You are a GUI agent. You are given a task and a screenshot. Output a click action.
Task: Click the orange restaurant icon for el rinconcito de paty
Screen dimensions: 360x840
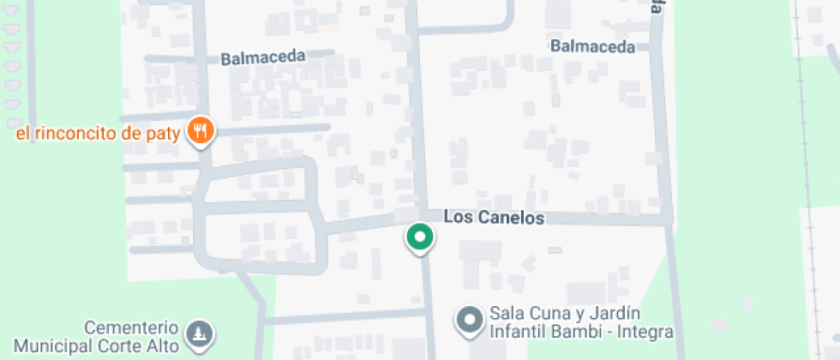[x=201, y=130]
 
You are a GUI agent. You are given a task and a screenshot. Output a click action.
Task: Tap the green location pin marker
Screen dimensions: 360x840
[x=419, y=237]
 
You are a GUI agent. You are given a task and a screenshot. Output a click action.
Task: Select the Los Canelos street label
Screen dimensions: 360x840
[x=494, y=218]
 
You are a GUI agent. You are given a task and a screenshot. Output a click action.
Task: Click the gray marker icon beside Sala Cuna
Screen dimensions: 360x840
[x=469, y=321]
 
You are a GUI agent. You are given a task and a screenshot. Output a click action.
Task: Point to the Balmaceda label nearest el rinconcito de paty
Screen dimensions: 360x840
[x=263, y=58]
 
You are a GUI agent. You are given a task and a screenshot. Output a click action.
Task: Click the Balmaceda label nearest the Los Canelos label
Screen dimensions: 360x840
[x=593, y=46]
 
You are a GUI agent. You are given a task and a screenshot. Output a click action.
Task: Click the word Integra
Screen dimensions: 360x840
[x=645, y=331]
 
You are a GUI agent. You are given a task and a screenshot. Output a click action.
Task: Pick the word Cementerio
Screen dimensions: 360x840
[x=131, y=328]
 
